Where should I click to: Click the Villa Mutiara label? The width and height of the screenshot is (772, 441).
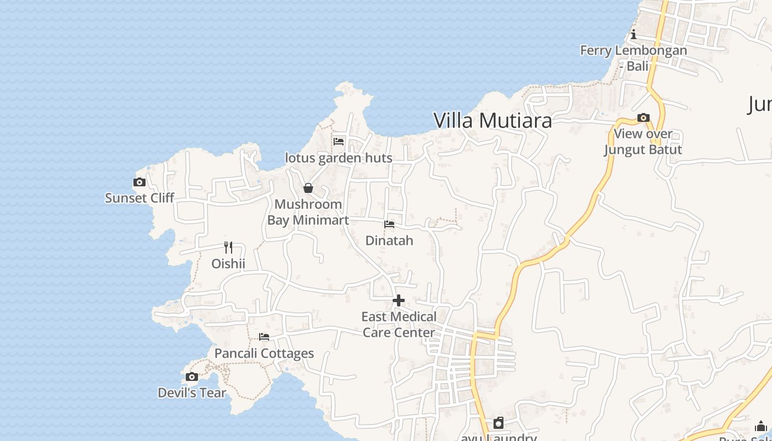pos(492,120)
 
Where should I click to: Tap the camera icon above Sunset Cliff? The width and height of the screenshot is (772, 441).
pos(140,182)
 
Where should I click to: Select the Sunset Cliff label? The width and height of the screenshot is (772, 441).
pos(140,198)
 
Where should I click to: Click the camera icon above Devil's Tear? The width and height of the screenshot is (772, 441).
pos(192,377)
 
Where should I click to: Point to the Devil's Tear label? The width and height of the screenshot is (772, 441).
pos(192,393)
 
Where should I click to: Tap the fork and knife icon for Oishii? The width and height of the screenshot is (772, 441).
pos(228,247)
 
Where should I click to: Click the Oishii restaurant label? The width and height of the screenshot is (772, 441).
pos(228,263)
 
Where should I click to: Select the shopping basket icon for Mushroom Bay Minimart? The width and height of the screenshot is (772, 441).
pos(308,189)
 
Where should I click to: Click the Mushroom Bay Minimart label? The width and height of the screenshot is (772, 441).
pos(308,212)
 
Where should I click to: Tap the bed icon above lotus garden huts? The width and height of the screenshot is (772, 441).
pos(339,142)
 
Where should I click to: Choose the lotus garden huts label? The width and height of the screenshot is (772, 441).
pos(339,158)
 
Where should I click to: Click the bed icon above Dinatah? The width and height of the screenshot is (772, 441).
pos(389,224)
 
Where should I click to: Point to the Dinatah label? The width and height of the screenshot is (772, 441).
pos(389,241)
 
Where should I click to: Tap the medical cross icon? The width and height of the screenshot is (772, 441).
pos(399,300)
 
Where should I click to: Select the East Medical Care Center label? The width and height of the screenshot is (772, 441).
pos(399,325)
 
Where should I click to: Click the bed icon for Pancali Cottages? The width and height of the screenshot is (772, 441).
pos(264,337)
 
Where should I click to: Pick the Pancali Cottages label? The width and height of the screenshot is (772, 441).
pos(264,353)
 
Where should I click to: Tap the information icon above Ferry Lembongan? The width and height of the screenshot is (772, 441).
pos(634,35)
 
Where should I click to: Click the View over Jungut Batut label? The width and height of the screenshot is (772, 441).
pos(643,142)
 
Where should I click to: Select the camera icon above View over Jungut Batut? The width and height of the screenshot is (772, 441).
pos(643,117)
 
